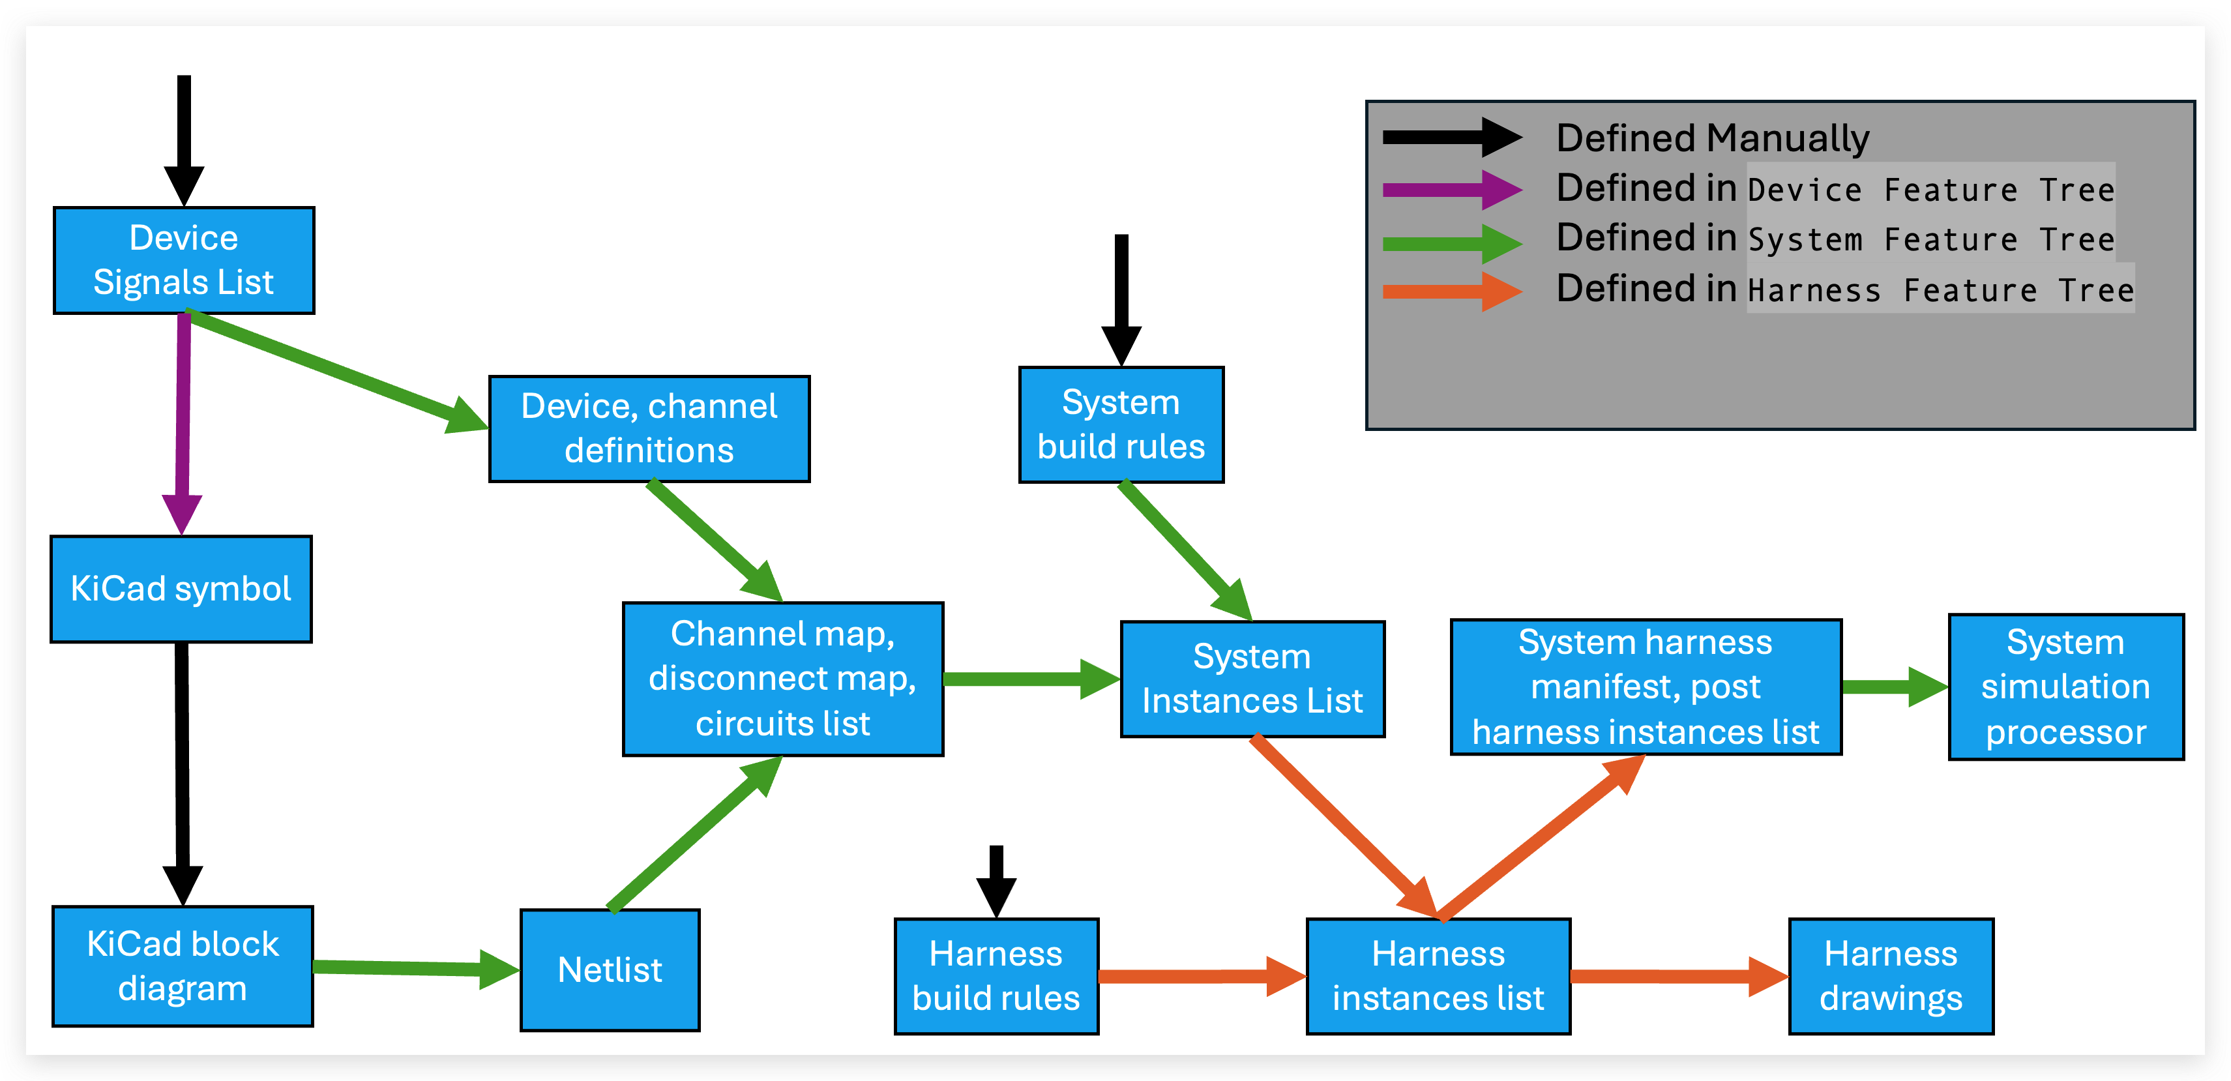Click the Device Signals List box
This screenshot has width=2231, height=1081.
pos(184,260)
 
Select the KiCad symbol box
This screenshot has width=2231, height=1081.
pos(181,589)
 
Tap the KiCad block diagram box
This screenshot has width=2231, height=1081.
pos(183,966)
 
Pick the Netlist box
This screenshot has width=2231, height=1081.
pos(610,970)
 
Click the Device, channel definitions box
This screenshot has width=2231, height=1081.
pos(649,429)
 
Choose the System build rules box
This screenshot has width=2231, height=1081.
pos(1121,424)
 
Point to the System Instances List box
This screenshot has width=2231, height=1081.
pos(1252,679)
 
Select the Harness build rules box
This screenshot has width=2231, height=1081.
pos(996,976)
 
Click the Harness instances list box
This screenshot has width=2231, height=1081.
pos(1438,976)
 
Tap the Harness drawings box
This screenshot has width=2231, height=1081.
pos(1891,976)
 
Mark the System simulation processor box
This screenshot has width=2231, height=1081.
pos(2065,687)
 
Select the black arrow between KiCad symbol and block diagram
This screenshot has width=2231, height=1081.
pos(182,762)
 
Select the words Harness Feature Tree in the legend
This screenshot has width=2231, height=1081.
pos(1940,290)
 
